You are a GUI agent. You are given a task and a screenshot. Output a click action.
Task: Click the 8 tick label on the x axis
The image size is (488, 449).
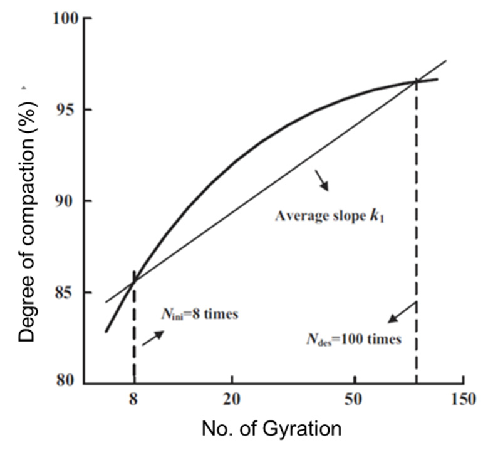coord(134,399)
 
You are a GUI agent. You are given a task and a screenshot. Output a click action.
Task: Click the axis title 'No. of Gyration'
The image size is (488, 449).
coord(271,429)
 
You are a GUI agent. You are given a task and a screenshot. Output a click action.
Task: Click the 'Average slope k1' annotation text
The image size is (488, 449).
coord(330,216)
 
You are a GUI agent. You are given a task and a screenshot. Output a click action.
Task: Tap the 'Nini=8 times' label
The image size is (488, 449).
coord(200,314)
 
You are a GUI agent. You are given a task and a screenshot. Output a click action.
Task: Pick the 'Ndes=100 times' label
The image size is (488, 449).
coord(353,339)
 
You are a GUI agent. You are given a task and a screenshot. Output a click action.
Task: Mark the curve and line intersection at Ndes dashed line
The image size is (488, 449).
coord(416,82)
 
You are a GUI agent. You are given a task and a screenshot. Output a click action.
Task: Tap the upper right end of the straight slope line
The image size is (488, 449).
coord(446,60)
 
